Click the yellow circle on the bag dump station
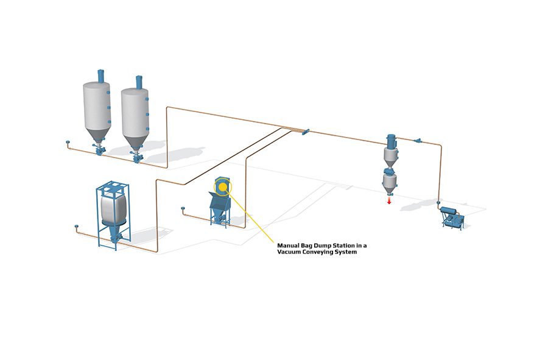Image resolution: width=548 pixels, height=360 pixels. pos(223,188)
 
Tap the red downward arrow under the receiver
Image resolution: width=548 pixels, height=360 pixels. pos(389,200)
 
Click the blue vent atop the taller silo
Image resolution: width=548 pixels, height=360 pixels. pos(100,76)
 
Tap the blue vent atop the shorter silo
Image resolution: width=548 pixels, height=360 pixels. pos(139,82)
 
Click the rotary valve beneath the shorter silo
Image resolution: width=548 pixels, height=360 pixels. pos(136,157)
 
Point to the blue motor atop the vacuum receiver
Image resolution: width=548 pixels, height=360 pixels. pos(391,141)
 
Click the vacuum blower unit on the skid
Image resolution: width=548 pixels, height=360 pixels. pos(452,218)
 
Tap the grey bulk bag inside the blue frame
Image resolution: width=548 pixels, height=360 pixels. pos(113,209)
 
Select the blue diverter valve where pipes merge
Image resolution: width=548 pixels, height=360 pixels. pos(305,132)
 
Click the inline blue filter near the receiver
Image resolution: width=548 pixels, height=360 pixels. pos(417,141)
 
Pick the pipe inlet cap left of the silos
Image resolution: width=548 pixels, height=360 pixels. pos(68,143)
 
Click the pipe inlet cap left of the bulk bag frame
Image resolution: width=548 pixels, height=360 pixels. pos(77,227)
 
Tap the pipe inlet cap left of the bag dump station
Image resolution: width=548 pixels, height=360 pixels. pos(183,209)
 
